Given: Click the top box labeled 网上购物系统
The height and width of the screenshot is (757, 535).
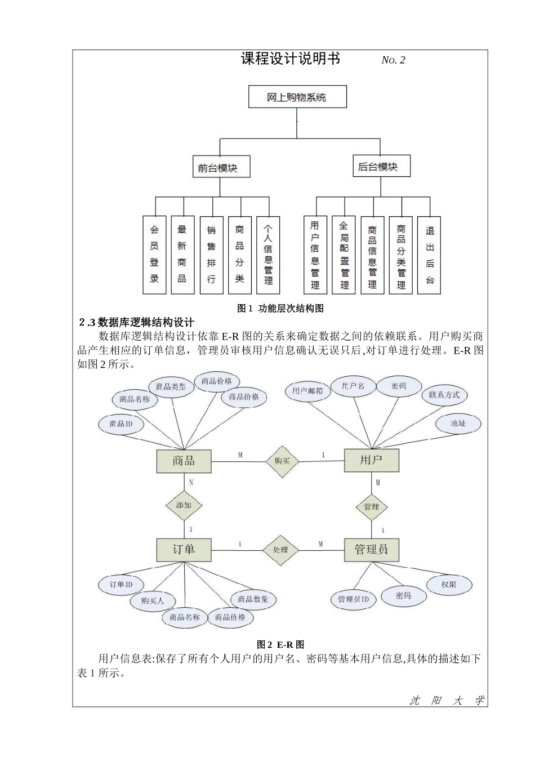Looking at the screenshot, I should coord(297,97).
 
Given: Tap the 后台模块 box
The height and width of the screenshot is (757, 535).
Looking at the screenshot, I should coord(381,167).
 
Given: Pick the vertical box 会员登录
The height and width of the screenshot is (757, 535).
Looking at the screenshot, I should coord(154,255).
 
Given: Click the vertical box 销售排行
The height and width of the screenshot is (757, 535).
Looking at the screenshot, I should coord(211,255).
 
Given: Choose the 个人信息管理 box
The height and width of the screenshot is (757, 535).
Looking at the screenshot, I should coord(268,255).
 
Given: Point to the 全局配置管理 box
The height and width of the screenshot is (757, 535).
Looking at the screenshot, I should coord(344,255).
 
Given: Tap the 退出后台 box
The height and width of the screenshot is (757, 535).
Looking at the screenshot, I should coord(430,255).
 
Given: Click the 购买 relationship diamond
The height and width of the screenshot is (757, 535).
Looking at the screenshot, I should coord(282,461).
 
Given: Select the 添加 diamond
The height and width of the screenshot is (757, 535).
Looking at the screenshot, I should coord(184,505).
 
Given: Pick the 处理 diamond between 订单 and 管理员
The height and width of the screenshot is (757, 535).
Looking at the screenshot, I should coord(280,549).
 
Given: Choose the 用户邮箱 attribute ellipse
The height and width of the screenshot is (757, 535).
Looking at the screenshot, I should coord(307,391).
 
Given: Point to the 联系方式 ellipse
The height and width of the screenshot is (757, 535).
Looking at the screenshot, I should coord(444,395).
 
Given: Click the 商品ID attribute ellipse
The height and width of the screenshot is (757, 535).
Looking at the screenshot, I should coord(121,424).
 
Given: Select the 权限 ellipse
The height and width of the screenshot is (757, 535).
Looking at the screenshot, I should coord(449,585).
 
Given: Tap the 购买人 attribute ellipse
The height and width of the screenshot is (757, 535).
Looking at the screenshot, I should coord(153,601).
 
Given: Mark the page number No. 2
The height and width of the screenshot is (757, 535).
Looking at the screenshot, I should coord(393,60).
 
